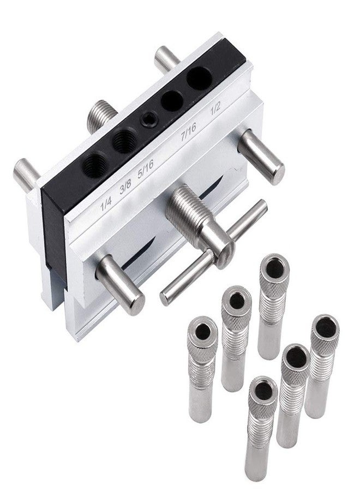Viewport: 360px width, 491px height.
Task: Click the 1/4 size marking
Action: point(106,203)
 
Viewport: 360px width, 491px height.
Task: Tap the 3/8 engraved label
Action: point(125,188)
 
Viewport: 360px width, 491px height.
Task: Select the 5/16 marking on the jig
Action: point(146,170)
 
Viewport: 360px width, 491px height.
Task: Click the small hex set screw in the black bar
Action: point(147,119)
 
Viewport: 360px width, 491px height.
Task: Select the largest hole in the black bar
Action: point(199,77)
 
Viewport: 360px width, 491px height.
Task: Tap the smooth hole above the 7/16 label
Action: point(172,100)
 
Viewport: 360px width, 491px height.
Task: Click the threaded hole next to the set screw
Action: point(124,141)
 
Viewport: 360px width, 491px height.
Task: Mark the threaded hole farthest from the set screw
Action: point(94,164)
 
